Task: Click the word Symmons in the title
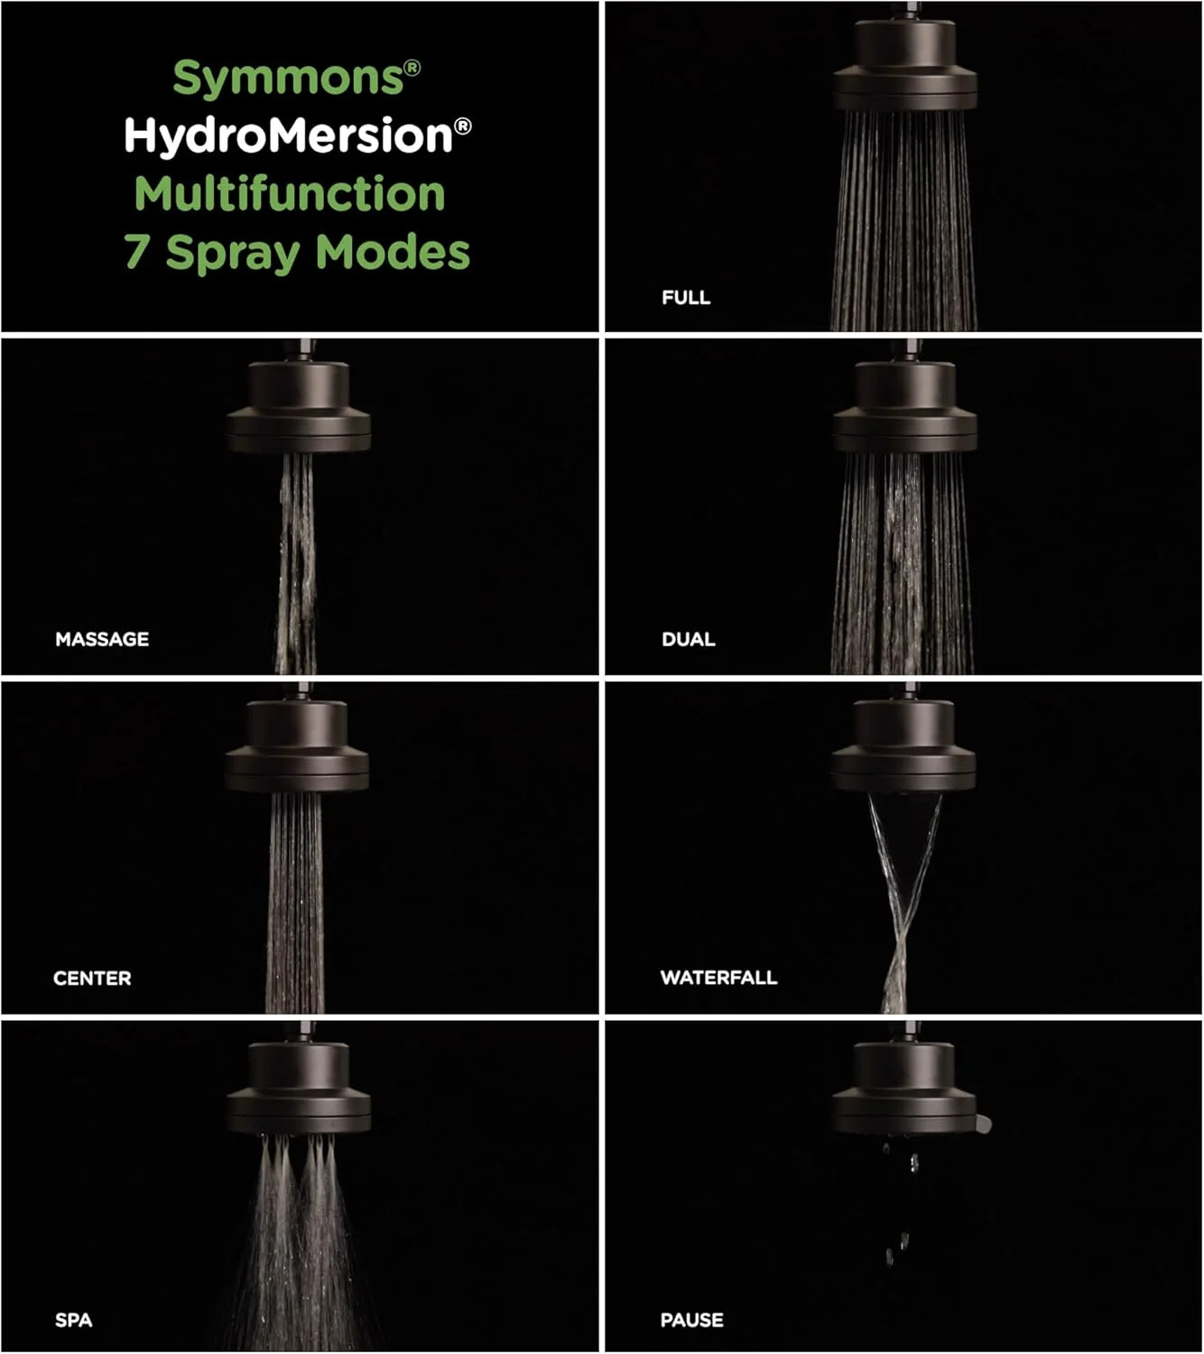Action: (x=288, y=79)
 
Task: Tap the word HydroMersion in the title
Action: (x=288, y=136)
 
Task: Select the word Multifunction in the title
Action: (x=290, y=194)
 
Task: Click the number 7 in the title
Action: (x=135, y=252)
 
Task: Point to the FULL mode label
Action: (x=685, y=297)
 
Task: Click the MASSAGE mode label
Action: (x=102, y=639)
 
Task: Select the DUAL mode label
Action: (x=688, y=639)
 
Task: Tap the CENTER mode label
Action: (x=92, y=978)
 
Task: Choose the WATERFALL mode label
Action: (x=718, y=978)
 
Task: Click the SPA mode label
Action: (x=73, y=1320)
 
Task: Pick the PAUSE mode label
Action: (x=691, y=1320)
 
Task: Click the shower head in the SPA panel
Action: (x=299, y=1090)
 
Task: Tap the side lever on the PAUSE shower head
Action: (x=984, y=1124)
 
